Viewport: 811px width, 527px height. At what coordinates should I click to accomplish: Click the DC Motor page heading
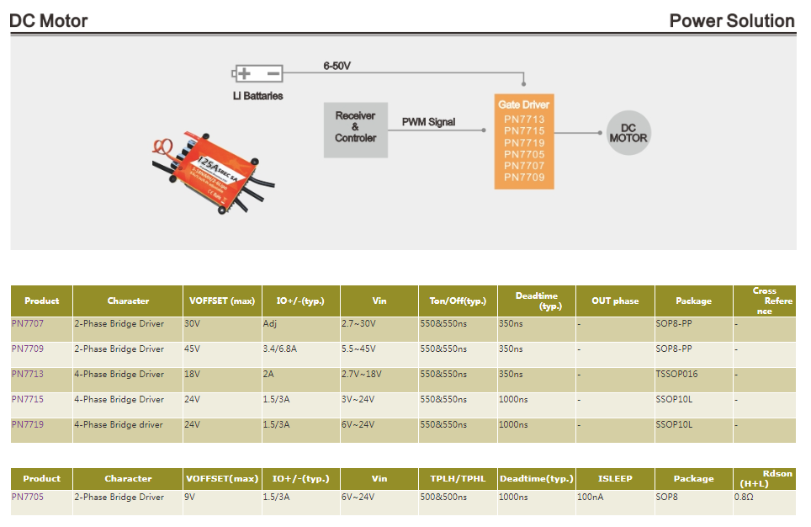49,21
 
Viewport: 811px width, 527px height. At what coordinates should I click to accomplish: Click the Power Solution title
731,21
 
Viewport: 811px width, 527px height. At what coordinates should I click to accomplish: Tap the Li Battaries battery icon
257,74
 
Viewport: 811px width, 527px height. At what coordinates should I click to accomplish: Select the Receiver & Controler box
355,127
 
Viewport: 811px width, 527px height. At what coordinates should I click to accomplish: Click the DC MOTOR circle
628,133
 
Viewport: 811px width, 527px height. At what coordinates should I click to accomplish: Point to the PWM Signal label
428,122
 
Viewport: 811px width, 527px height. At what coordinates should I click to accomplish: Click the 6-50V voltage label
337,66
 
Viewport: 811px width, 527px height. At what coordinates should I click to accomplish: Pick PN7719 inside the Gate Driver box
524,143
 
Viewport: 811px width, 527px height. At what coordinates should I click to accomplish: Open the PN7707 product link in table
28,323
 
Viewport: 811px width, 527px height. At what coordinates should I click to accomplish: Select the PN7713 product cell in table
28,374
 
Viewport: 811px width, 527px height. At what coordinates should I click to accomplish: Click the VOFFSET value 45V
193,349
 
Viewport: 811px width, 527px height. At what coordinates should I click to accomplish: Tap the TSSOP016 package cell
676,374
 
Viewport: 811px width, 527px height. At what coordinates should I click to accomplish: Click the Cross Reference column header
764,301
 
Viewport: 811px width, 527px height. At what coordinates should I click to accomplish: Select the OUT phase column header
614,301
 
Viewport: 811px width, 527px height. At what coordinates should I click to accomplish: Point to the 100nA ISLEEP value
591,497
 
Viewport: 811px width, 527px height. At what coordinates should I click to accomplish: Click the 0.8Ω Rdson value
744,497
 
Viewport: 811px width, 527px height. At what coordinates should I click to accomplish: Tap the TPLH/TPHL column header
458,478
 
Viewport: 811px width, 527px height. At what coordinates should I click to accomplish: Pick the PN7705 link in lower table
28,497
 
